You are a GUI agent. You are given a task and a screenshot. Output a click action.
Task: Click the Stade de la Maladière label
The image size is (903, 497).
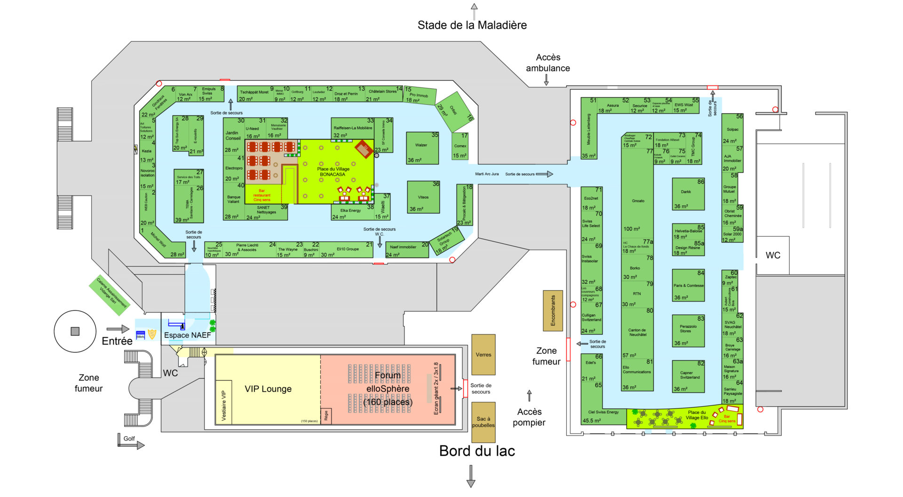click(x=472, y=25)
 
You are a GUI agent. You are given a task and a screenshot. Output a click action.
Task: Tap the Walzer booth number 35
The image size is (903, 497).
click(x=422, y=148)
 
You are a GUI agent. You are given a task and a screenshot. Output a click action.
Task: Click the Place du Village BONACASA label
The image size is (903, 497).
click(x=333, y=171)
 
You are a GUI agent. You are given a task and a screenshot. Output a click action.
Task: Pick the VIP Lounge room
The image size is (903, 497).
click(x=268, y=389)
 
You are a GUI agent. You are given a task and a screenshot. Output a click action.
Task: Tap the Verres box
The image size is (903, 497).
click(x=483, y=355)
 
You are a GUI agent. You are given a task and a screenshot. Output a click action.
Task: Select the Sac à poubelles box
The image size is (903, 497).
click(x=483, y=422)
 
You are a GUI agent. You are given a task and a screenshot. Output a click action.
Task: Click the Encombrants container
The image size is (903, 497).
click(x=553, y=311)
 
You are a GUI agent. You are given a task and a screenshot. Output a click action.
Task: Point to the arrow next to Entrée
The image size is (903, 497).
click(x=118, y=329)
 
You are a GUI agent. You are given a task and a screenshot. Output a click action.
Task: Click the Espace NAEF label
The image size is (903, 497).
click(x=187, y=335)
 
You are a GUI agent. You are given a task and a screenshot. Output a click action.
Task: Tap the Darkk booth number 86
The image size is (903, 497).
click(x=688, y=194)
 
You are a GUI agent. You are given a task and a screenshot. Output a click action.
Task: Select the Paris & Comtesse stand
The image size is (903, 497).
click(x=688, y=286)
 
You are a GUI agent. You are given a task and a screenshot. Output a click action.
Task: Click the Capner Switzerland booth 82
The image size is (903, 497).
click(x=688, y=376)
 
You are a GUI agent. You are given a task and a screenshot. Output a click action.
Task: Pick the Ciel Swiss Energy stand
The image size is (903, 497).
click(x=603, y=413)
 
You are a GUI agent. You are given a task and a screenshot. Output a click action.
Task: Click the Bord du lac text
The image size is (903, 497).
click(x=477, y=451)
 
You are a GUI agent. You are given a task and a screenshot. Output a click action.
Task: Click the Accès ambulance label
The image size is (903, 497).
click(x=547, y=62)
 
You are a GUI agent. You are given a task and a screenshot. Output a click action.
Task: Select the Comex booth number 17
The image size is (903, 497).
click(x=460, y=147)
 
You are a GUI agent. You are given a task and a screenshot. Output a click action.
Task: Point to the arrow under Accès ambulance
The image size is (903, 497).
click(x=546, y=80)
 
